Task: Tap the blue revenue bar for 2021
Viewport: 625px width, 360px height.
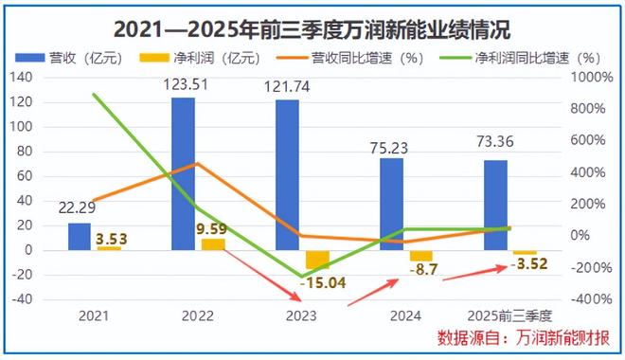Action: point(80,236)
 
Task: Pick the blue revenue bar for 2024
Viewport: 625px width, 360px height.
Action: point(392,204)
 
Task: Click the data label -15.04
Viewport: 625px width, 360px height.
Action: point(322,282)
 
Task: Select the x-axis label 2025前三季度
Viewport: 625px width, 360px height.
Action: point(509,314)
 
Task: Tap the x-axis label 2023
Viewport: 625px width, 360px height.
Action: point(301,314)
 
